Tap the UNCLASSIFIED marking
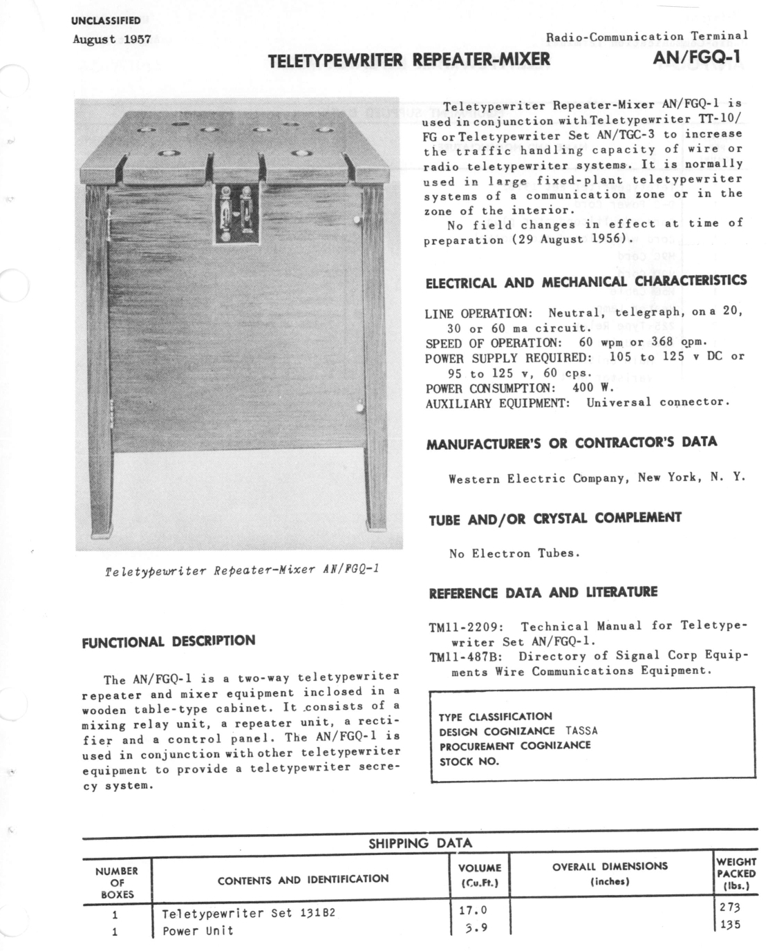[106, 21]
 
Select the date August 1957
[112, 39]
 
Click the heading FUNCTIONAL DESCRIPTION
[169, 641]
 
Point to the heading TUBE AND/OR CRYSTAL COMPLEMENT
[555, 518]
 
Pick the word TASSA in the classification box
[581, 731]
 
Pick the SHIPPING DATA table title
[420, 842]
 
